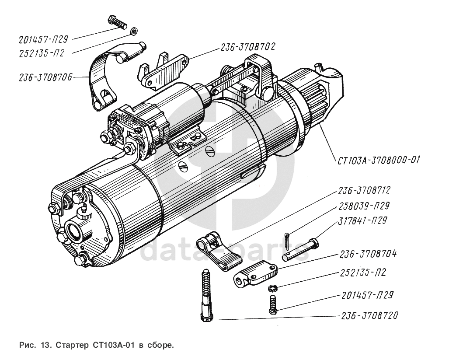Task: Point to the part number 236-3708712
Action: (x=364, y=191)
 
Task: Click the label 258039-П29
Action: (x=363, y=206)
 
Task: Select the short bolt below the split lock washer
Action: (x=273, y=304)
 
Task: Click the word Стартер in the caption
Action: (x=73, y=345)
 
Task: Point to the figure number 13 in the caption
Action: (x=44, y=345)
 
